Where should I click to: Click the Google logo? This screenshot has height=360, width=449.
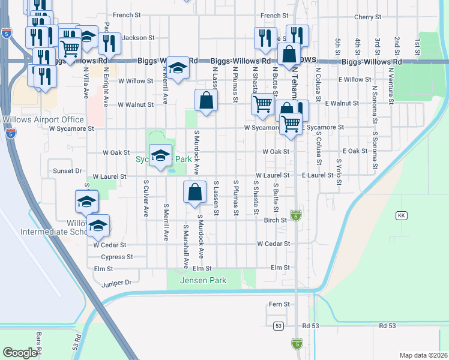pyautogui.click(x=20, y=352)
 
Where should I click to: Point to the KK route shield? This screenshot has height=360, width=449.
pyautogui.click(x=401, y=215)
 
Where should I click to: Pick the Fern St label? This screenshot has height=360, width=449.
pyautogui.click(x=279, y=304)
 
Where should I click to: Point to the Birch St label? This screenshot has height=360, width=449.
pyautogui.click(x=276, y=220)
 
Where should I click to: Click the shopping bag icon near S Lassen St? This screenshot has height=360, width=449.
pyautogui.click(x=195, y=193)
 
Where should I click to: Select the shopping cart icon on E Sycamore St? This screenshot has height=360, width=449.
pyautogui.click(x=291, y=124)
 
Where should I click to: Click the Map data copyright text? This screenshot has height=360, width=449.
pyautogui.click(x=423, y=355)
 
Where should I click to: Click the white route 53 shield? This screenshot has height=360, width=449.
pyautogui.click(x=278, y=325)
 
